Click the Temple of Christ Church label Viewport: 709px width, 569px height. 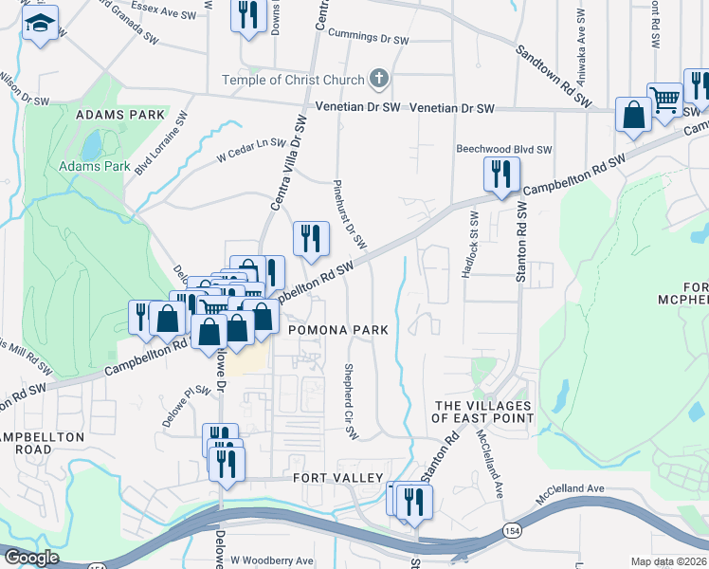tap(294, 80)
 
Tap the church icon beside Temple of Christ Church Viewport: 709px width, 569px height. tap(378, 79)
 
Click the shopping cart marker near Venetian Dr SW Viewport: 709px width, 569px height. tap(665, 100)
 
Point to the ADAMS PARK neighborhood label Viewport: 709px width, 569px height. tap(119, 114)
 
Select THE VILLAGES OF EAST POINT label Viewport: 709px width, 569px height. tap(482, 413)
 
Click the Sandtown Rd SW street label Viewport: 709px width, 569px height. tap(554, 75)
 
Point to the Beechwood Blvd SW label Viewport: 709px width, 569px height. tap(503, 149)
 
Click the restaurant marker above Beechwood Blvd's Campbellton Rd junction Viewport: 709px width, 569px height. tap(500, 174)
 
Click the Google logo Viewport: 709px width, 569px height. tap(30, 559)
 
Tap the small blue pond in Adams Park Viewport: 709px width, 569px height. tap(92, 145)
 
